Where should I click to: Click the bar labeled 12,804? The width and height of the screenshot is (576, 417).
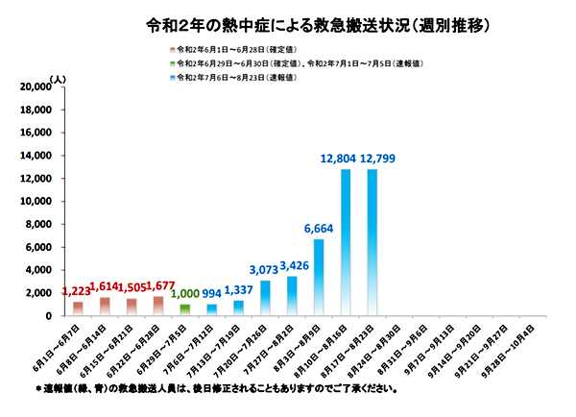345,242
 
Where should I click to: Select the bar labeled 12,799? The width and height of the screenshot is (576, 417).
372,242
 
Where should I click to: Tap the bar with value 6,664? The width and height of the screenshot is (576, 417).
319,277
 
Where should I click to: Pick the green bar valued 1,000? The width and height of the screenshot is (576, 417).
185,310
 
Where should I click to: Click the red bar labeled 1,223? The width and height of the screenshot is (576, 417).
78,308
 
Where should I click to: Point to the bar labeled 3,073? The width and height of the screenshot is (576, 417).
265,298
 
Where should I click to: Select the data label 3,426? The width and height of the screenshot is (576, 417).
291,264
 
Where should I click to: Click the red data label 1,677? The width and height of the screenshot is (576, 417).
158,285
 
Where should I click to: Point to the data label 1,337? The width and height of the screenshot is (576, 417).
238,289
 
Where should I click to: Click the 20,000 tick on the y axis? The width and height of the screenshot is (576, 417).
34,86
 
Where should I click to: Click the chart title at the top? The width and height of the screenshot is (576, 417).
287,19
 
